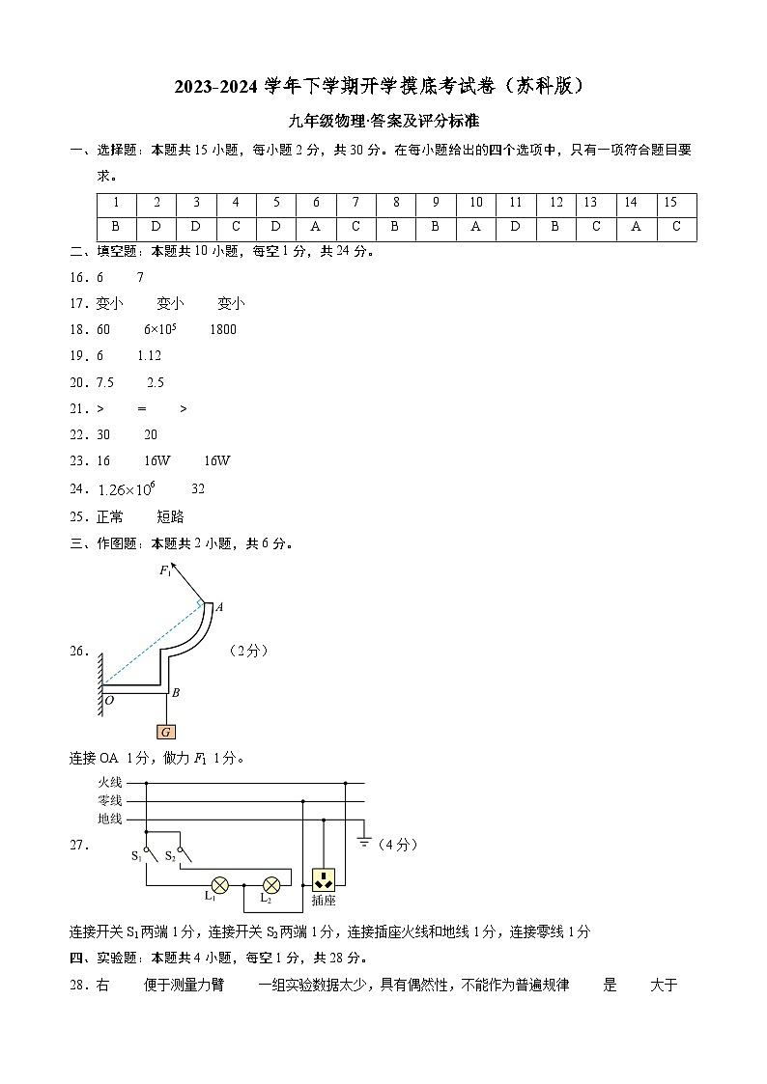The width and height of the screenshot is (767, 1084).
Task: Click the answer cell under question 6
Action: point(316,227)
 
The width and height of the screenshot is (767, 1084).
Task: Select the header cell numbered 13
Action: point(590,203)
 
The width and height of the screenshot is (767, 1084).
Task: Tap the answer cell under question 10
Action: point(476,227)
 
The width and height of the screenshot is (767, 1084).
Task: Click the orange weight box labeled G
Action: point(167,732)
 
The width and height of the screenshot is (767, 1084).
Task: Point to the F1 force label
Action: point(166,571)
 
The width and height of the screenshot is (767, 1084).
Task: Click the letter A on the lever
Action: point(219,607)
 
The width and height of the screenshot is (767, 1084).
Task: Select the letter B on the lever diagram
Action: point(176,692)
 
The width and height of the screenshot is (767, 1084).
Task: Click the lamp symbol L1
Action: point(220,883)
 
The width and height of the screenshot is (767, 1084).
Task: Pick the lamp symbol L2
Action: point(271,883)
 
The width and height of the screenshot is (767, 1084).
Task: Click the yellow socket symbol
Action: point(323,879)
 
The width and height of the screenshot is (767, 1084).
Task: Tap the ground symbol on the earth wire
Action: point(364,841)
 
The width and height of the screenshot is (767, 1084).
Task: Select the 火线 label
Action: point(110,782)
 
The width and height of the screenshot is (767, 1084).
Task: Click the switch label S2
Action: point(170,855)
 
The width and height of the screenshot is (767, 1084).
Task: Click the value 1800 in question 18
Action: point(223,330)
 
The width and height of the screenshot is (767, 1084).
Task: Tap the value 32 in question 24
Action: point(199,489)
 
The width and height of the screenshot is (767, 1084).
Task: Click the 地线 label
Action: point(110,819)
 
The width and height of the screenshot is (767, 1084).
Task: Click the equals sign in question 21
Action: point(141,409)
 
